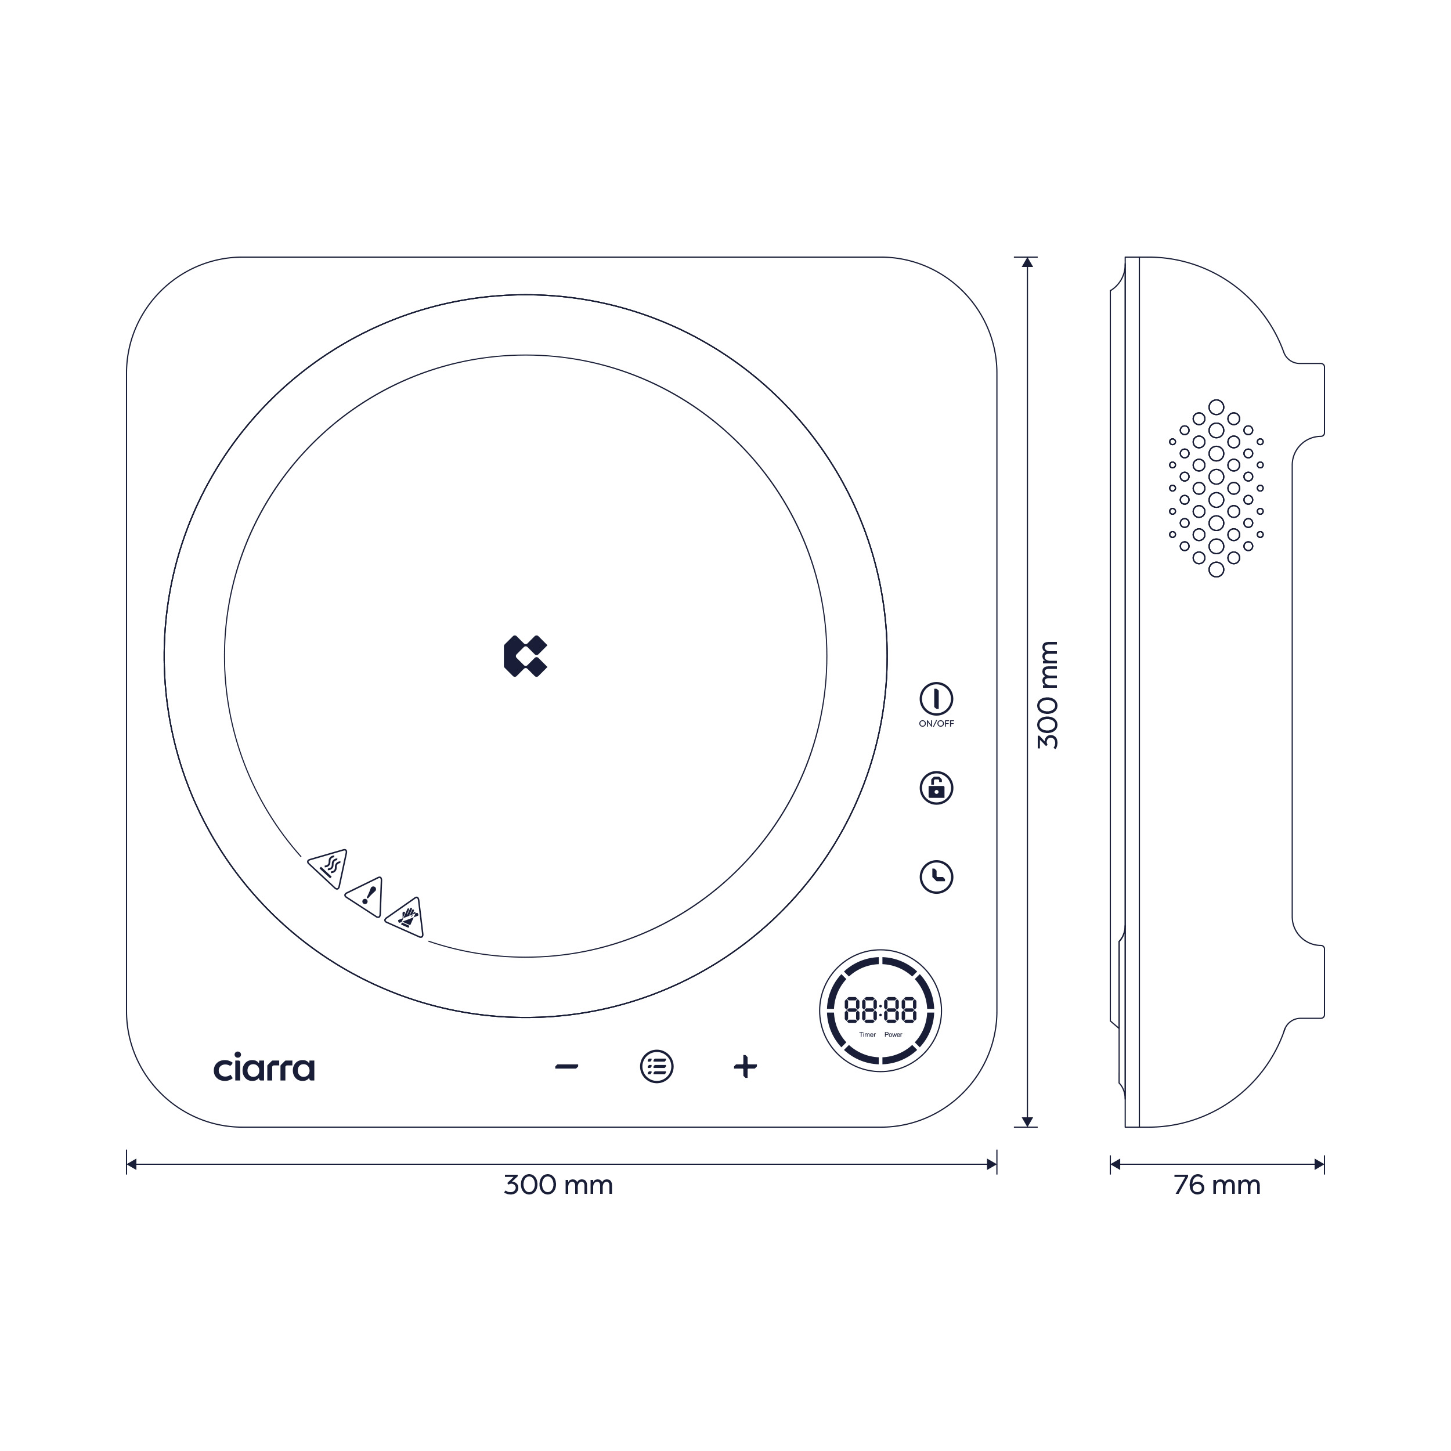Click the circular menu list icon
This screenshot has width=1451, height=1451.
tap(656, 1066)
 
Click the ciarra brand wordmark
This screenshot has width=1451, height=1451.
tap(264, 1067)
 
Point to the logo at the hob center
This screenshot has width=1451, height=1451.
tap(525, 656)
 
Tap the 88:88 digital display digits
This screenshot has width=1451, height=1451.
tap(880, 1010)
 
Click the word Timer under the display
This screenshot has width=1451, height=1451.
tap(868, 1035)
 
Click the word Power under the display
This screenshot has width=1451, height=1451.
tap(893, 1035)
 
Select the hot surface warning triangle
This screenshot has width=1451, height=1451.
tap(329, 869)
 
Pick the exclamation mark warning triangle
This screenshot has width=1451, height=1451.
tap(366, 897)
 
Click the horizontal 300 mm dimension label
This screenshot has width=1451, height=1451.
tap(558, 1185)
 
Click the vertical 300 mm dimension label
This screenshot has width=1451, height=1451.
tap(1048, 695)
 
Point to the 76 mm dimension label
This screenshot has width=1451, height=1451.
tap(1217, 1185)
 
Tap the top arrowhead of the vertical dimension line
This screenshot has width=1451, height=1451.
tap(1027, 262)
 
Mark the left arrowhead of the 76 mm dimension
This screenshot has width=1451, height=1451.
tap(1116, 1164)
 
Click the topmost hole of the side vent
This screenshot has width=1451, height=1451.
tap(1217, 407)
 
